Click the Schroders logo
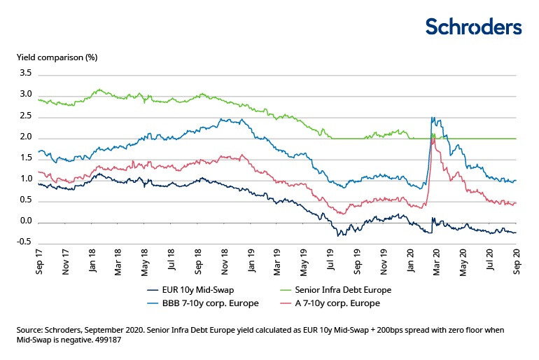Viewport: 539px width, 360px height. click(x=474, y=27)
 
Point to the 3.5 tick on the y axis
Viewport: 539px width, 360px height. click(x=25, y=73)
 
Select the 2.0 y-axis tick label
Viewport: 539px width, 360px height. click(x=25, y=137)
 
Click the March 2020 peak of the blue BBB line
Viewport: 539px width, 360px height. click(x=433, y=118)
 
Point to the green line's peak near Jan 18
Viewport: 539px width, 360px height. click(x=99, y=90)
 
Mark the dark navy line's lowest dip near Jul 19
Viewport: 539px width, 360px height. click(x=339, y=235)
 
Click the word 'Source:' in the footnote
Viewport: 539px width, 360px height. click(x=31, y=328)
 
